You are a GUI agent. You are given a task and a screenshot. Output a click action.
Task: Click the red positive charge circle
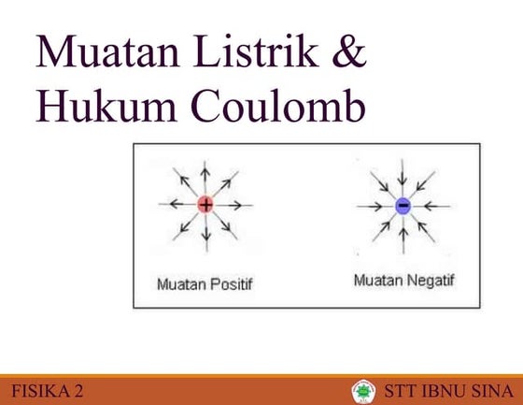tap(205, 204)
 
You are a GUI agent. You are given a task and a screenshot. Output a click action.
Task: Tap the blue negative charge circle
tap(403, 205)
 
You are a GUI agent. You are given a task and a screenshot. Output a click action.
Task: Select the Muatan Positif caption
tap(205, 282)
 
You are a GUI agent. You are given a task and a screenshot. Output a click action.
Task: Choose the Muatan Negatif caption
tap(403, 280)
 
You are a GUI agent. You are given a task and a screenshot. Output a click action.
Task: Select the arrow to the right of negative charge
tap(431, 205)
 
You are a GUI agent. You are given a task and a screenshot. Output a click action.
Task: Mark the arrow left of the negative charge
tap(374, 205)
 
